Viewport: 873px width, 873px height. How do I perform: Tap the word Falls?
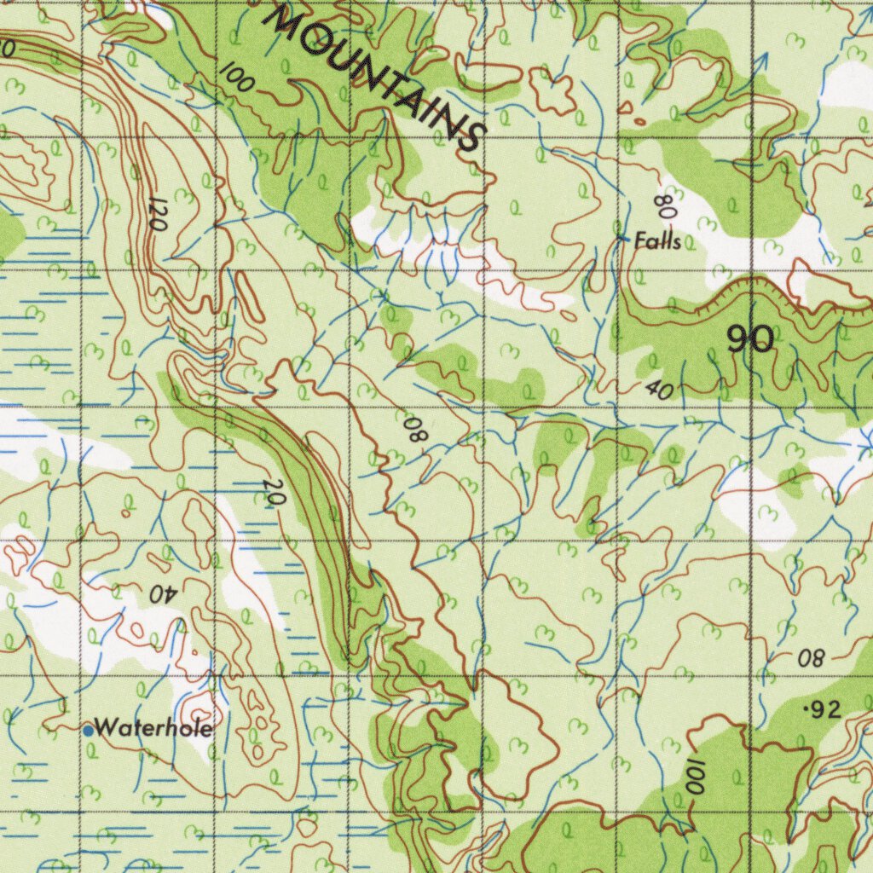pyautogui.click(x=657, y=242)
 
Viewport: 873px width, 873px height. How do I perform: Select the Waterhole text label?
pyautogui.click(x=153, y=729)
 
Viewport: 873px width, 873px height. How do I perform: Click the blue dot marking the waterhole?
pyautogui.click(x=88, y=730)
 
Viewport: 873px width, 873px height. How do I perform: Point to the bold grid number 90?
pyautogui.click(x=750, y=340)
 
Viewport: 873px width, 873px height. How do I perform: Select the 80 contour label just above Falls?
pyautogui.click(x=664, y=205)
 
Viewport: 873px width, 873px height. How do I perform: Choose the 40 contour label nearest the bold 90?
pyautogui.click(x=658, y=390)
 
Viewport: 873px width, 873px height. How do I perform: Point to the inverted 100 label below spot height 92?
pyautogui.click(x=693, y=775)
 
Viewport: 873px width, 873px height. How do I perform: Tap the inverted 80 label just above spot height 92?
pyautogui.click(x=812, y=658)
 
